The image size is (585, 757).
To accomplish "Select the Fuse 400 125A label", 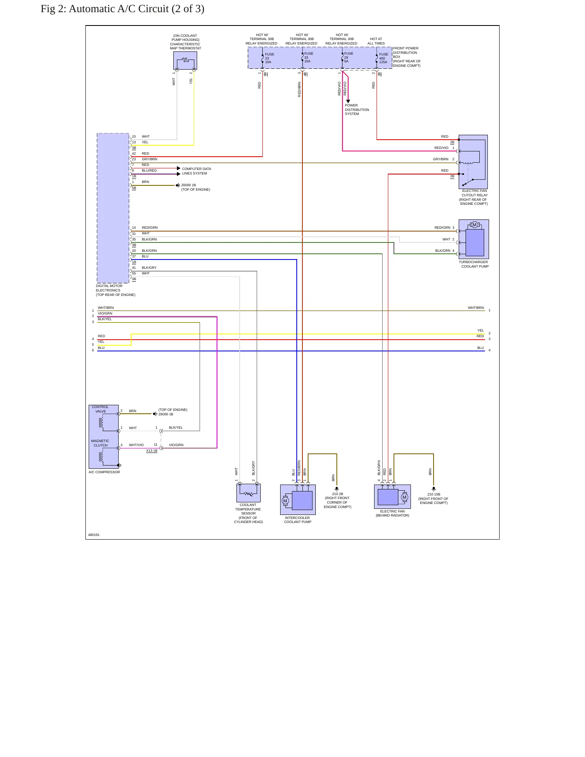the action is click(x=383, y=58).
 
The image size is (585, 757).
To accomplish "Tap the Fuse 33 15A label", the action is click(x=309, y=57).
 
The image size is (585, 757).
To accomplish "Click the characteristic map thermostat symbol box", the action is click(x=185, y=60).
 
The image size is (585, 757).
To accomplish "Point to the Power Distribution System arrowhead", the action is click(x=348, y=101).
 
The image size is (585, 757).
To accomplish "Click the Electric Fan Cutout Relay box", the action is click(x=473, y=162).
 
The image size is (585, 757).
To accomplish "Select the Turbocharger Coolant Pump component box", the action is click(x=474, y=239).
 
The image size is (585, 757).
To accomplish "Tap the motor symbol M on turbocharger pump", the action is click(x=474, y=225).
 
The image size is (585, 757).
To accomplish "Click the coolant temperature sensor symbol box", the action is click(x=249, y=493).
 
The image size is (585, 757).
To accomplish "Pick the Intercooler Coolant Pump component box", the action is click(x=298, y=500).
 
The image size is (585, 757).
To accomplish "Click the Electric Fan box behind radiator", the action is click(x=392, y=496).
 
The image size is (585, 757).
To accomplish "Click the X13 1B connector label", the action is click(x=152, y=451).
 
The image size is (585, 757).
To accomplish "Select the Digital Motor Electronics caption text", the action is click(x=115, y=290).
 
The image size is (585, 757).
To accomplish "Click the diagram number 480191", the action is click(x=94, y=535).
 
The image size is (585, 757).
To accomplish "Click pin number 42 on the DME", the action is click(x=134, y=153).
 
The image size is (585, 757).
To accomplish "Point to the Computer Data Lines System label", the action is click(x=196, y=171).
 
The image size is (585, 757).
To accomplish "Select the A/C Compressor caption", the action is click(x=104, y=472).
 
